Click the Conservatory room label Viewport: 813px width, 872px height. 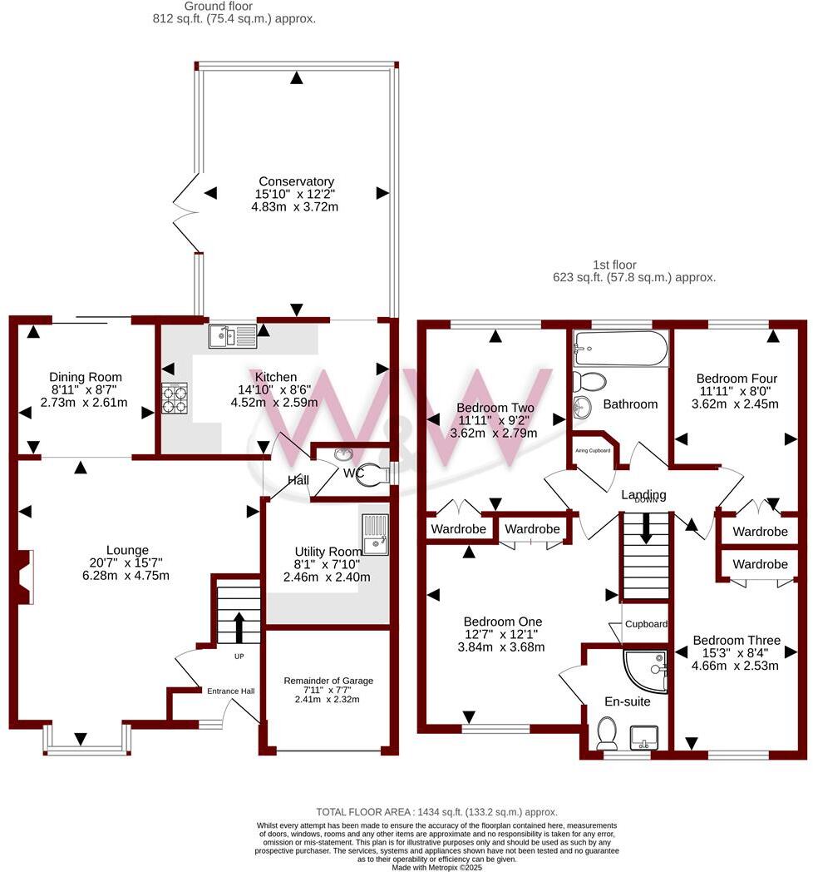click(x=296, y=181)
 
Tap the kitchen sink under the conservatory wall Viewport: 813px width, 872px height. click(x=234, y=335)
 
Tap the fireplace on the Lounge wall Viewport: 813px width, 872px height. click(x=24, y=576)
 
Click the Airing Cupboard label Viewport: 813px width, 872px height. click(x=593, y=450)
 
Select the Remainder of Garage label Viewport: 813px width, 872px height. click(x=328, y=680)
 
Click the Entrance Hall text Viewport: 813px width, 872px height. click(x=230, y=691)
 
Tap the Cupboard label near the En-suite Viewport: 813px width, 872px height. click(x=646, y=623)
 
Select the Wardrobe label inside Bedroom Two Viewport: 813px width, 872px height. click(x=456, y=528)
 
